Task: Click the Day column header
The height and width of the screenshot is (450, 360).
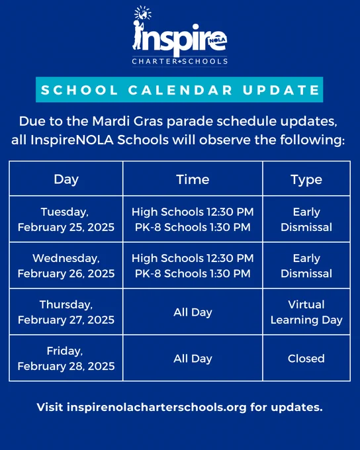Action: click(66, 179)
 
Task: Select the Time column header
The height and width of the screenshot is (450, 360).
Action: click(193, 179)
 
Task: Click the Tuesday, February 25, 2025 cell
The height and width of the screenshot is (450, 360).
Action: click(66, 220)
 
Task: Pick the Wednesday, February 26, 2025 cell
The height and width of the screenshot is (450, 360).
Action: click(66, 266)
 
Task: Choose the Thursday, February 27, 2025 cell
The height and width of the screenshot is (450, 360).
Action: click(66, 312)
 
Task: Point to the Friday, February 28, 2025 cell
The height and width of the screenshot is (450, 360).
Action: click(66, 359)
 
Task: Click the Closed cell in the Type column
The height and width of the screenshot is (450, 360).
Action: click(306, 359)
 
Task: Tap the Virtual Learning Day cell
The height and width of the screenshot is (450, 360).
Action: click(306, 312)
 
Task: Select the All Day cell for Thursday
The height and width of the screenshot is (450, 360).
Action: click(193, 312)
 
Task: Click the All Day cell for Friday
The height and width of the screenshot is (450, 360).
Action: click(193, 359)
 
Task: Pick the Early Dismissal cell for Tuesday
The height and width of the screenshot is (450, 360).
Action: click(306, 220)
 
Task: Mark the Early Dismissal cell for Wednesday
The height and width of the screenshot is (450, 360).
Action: click(306, 266)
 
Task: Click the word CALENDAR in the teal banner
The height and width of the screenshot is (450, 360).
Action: click(180, 90)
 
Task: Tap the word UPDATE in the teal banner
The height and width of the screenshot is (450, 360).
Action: click(281, 90)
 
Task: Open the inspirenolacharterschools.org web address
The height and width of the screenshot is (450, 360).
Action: click(157, 407)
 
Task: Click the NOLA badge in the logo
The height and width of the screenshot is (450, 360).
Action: click(218, 40)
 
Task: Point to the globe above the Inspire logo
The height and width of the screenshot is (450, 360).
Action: click(143, 13)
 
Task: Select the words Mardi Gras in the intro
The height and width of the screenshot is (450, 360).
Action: click(128, 121)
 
